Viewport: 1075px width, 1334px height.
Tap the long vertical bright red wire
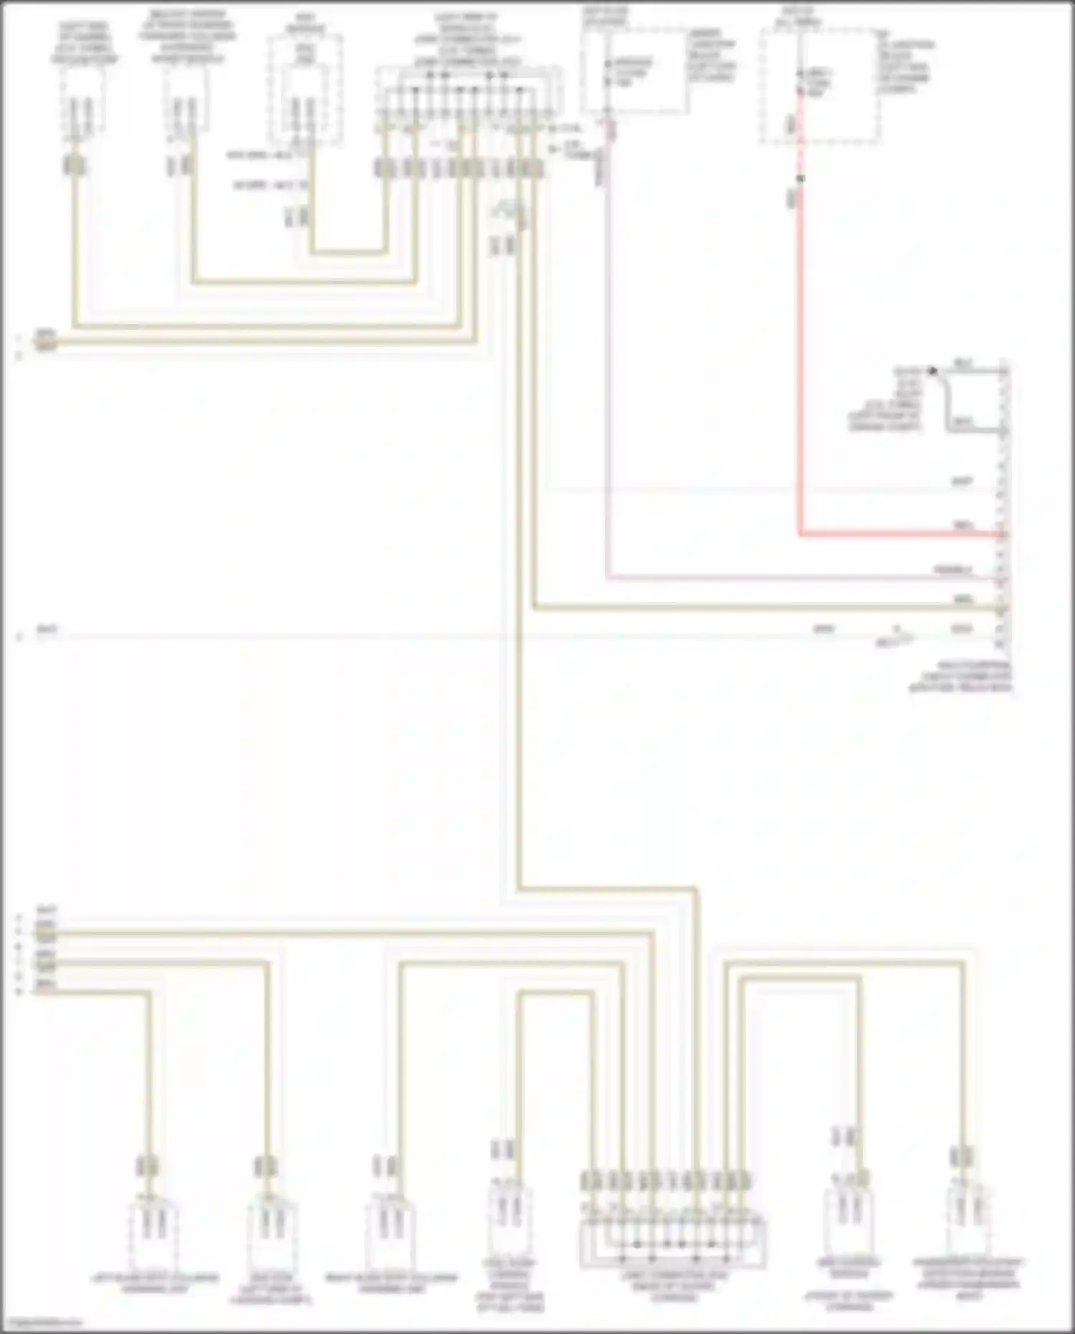point(800,358)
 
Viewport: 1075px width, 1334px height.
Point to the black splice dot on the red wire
point(801,178)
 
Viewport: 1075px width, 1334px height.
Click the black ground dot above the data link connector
point(932,371)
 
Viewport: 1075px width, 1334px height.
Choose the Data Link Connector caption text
point(960,677)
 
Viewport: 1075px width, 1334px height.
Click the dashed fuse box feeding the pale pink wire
point(634,72)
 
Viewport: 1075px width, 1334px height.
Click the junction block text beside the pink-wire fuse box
point(711,56)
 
